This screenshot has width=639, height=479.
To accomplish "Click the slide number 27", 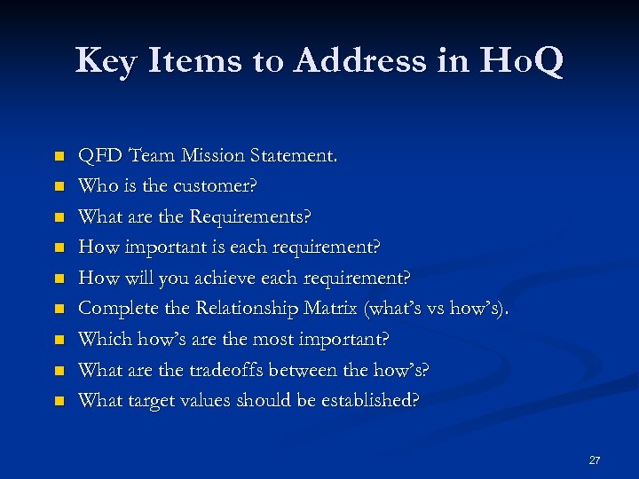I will click(595, 460).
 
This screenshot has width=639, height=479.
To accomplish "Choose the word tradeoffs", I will click(232, 370).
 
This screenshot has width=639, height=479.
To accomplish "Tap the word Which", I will click(102, 340).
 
